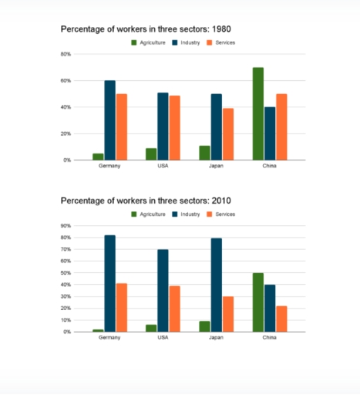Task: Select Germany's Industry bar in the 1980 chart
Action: coord(110,120)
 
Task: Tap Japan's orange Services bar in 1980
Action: coord(227,133)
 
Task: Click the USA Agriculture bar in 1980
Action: coord(151,154)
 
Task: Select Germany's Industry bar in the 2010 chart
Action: coord(110,283)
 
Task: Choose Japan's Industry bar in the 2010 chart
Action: coord(217,285)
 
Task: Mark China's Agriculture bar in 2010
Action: coord(257,302)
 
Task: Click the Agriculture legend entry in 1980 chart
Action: coord(150,42)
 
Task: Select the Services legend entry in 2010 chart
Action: coord(222,214)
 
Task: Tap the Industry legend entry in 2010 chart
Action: coord(187,214)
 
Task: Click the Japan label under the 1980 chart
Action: coord(216,166)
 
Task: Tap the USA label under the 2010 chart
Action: coord(163,338)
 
